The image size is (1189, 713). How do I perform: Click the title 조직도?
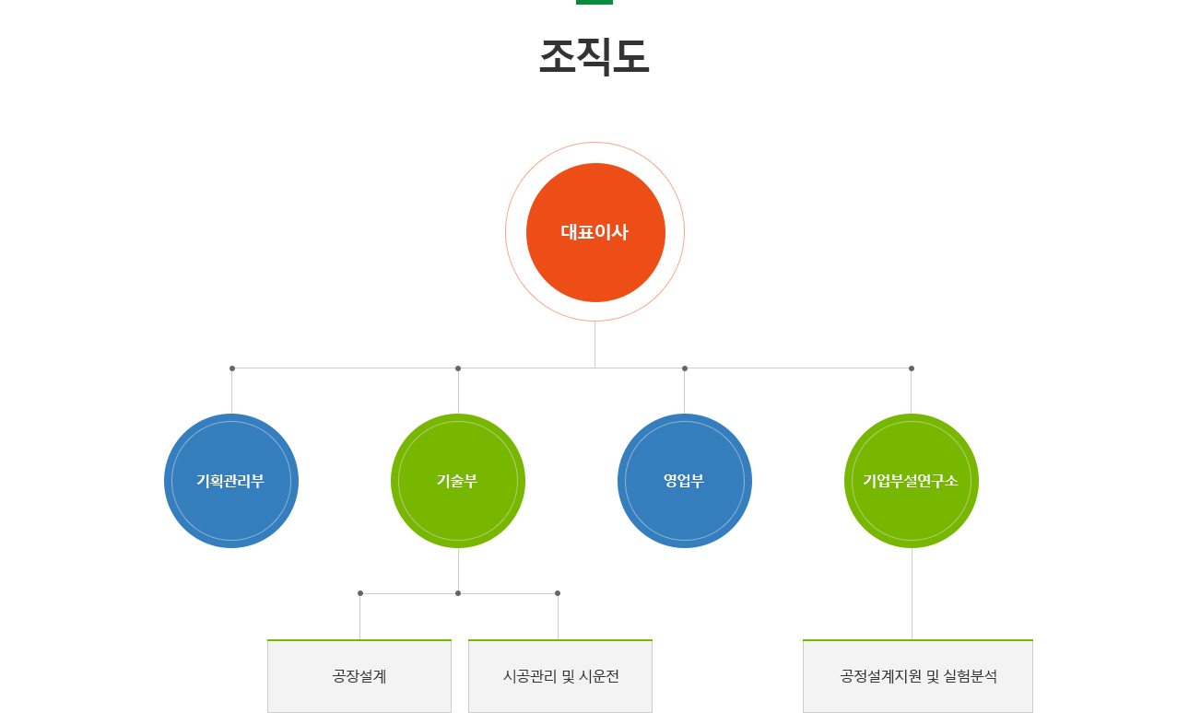point(594,56)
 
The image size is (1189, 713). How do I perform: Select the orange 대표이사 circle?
point(595,232)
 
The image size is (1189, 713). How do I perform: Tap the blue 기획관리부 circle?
point(231,481)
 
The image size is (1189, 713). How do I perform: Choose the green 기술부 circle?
point(457,481)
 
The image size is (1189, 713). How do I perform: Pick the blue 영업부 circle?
point(684,481)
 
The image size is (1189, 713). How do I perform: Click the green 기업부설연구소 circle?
point(911,481)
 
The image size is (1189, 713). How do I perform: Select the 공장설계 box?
point(359,676)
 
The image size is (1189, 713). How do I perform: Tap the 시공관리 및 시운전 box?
point(560,676)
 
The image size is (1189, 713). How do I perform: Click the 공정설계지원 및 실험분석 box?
point(918,676)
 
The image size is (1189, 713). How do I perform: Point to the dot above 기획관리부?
point(232,368)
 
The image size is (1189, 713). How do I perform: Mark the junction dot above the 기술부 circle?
point(458,368)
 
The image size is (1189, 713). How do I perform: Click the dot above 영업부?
point(685,368)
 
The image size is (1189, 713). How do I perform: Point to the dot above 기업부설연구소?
point(912,368)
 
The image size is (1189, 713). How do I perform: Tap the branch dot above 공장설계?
point(360,593)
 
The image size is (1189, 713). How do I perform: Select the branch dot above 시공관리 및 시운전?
point(558,593)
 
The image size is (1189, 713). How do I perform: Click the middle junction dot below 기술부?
point(458,593)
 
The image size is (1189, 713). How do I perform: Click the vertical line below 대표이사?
point(595,345)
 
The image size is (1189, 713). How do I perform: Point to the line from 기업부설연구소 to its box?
point(912,593)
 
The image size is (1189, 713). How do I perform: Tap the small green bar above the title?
point(594,2)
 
